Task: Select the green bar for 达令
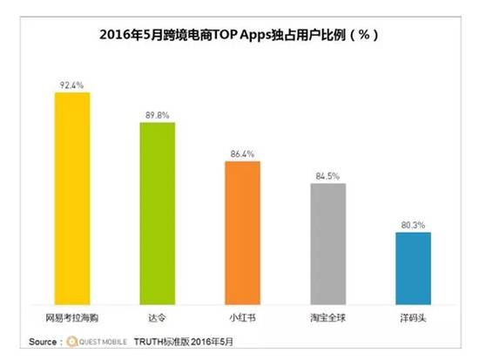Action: (158, 209)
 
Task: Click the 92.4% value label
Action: (72, 85)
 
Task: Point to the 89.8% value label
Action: (158, 115)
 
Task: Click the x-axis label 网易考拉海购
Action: (72, 309)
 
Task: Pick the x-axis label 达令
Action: (158, 309)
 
